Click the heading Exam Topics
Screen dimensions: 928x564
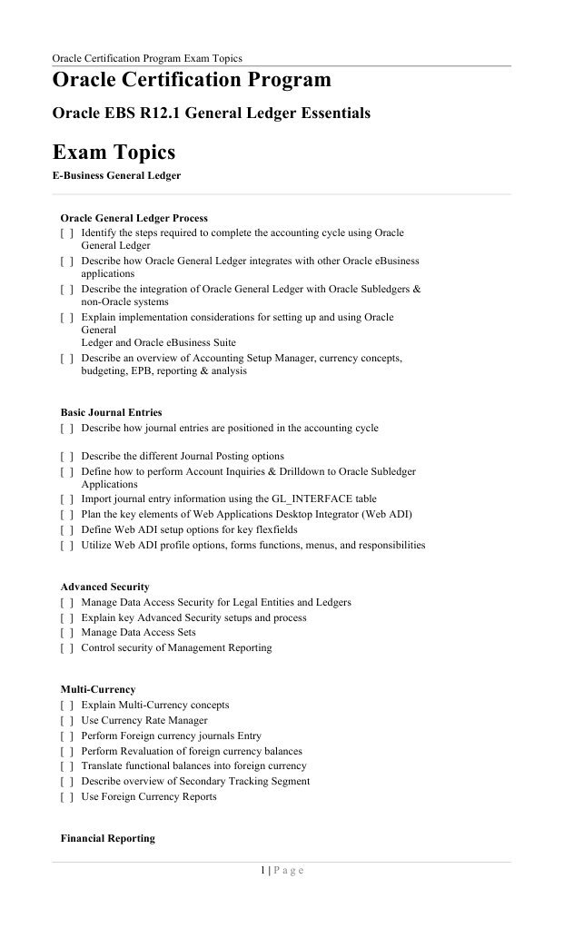pos(114,151)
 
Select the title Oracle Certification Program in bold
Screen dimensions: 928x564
pos(192,81)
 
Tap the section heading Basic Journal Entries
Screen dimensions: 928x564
pos(111,412)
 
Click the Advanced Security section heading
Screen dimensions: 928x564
pos(104,587)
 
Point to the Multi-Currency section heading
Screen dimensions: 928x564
pos(99,689)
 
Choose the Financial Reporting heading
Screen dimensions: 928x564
pos(107,838)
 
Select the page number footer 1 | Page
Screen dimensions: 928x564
pos(282,871)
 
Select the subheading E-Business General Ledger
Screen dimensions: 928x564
pos(116,176)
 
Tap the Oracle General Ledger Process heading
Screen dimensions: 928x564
pos(134,218)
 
